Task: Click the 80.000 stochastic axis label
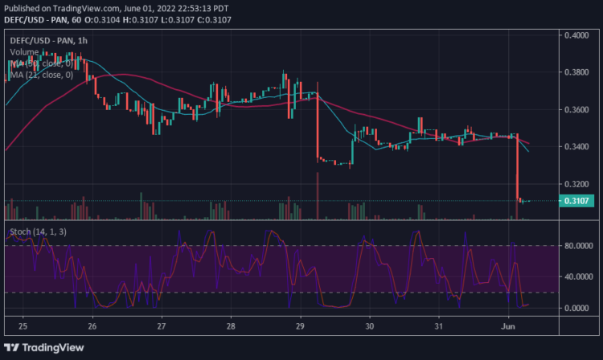pos(576,246)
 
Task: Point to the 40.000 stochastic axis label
pos(576,277)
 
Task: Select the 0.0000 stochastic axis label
pos(576,308)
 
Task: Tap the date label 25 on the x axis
pos(23,327)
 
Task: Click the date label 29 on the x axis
pos(300,327)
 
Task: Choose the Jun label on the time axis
pos(508,327)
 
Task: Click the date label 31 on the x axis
pos(439,327)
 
